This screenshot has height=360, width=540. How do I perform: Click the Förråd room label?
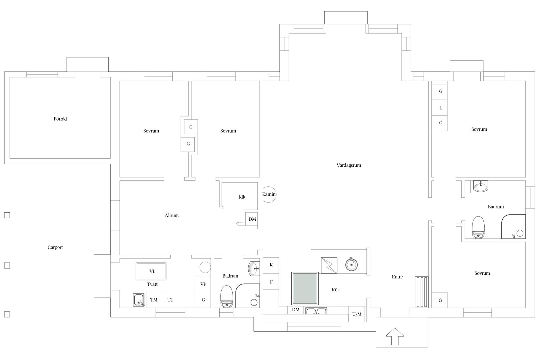click(x=60, y=119)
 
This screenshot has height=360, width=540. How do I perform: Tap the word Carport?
click(x=55, y=247)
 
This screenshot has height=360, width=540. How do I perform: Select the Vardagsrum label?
click(x=349, y=165)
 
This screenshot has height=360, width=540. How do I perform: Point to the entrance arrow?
click(x=395, y=336)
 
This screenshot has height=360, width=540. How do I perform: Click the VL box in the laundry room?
click(x=151, y=271)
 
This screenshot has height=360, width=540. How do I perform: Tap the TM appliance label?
click(x=154, y=300)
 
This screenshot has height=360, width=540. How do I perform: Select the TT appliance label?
click(x=170, y=300)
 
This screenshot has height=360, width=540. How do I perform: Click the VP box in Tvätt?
click(x=203, y=284)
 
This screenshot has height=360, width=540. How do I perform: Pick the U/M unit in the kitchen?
click(x=357, y=314)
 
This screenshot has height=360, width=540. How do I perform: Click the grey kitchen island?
click(x=305, y=288)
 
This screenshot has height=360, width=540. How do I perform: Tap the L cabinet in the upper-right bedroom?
click(x=440, y=108)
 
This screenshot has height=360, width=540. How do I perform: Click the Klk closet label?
click(x=242, y=197)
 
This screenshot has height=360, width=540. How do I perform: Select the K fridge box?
click(x=271, y=265)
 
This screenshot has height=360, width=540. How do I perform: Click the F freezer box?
click(x=271, y=282)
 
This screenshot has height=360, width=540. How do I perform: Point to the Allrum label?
click(x=172, y=215)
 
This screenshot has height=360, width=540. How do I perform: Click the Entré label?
click(x=397, y=277)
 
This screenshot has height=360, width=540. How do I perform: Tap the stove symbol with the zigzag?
click(x=329, y=265)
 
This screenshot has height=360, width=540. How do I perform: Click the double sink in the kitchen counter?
click(x=316, y=311)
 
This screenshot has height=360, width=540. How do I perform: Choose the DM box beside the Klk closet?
click(x=252, y=219)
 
